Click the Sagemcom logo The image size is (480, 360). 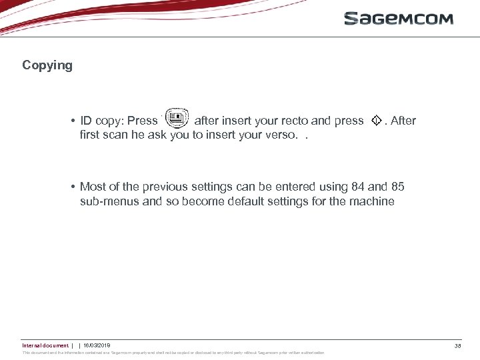pos(399,19)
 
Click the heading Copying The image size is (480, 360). pos(47,65)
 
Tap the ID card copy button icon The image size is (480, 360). pos(176,119)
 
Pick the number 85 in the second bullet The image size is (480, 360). pos(397,187)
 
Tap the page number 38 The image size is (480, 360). pos(457,345)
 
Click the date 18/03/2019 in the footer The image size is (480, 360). pos(97,345)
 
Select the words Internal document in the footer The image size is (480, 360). pos(45,345)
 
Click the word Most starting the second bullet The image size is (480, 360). pos(93,187)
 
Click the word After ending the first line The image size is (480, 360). pos(403,121)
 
